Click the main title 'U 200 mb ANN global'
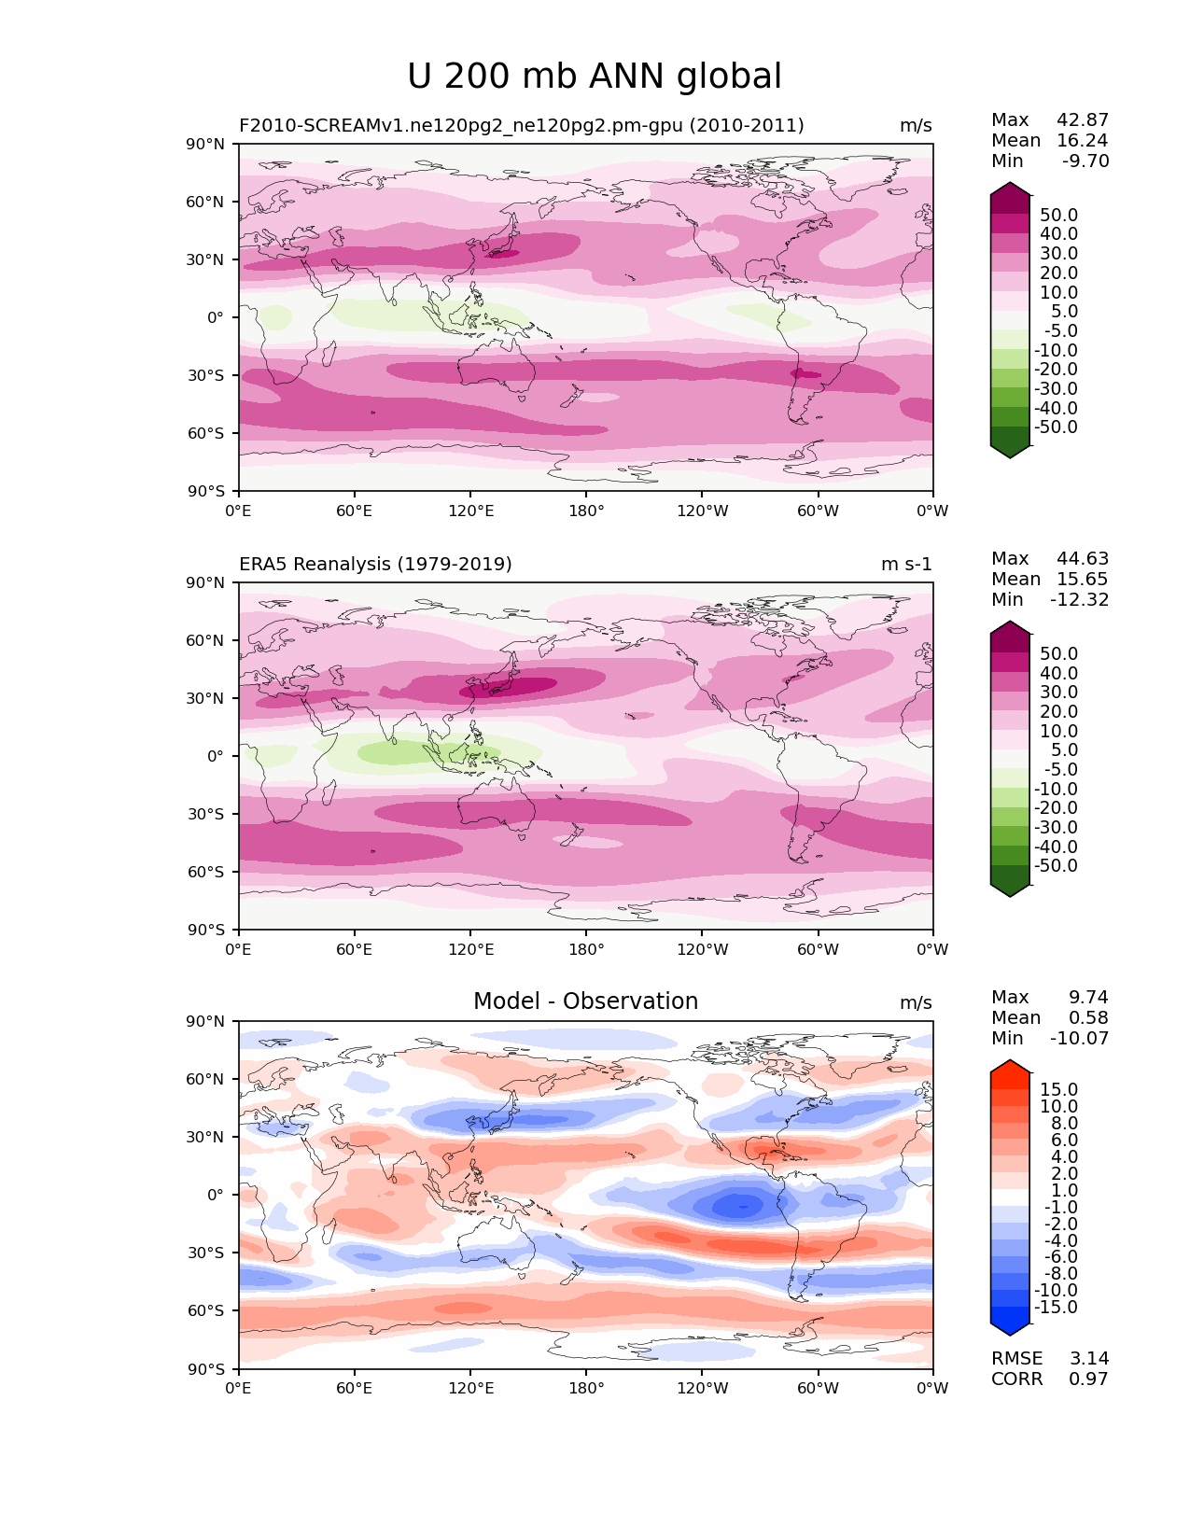click(595, 77)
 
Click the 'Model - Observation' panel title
click(585, 1001)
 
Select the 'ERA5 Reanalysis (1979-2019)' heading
click(375, 565)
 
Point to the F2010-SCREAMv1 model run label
click(521, 126)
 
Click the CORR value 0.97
click(1088, 1379)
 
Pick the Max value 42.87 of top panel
click(1083, 120)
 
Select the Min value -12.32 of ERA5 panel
click(1080, 600)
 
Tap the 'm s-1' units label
click(906, 565)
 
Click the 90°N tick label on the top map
click(205, 145)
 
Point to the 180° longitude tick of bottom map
click(586, 1388)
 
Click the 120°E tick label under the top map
click(470, 511)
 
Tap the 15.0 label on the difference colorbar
click(1058, 1090)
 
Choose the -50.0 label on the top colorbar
click(1056, 427)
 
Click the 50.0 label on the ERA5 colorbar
click(1058, 654)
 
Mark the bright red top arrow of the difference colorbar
click(1010, 1068)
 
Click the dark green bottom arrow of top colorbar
click(1010, 450)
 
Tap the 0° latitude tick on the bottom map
click(216, 1195)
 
